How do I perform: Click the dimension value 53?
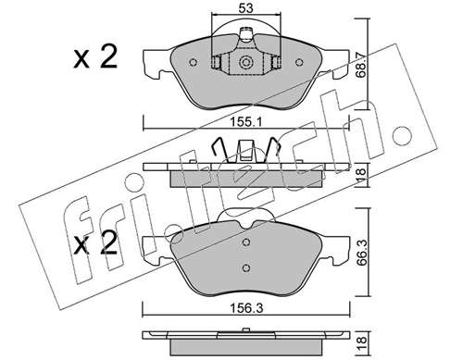[245, 8]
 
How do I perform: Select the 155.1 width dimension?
[246, 122]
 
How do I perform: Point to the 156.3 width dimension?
[246, 308]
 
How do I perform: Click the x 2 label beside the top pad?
[95, 56]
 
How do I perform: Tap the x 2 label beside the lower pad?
[95, 243]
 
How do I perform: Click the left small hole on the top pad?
[193, 63]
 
